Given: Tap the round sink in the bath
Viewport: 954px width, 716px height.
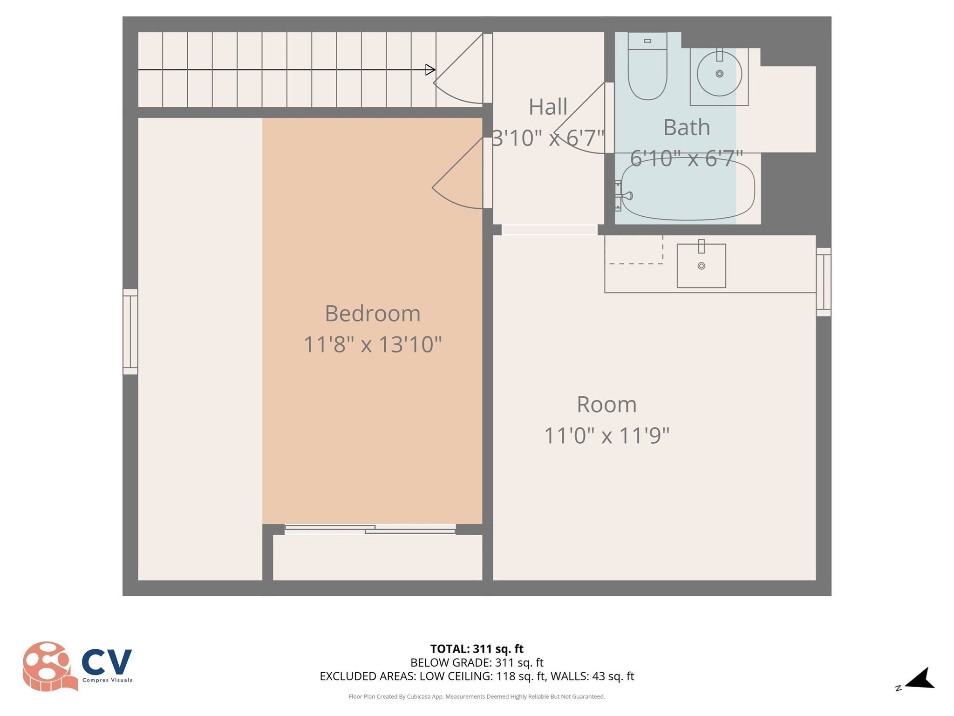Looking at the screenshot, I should (719, 74).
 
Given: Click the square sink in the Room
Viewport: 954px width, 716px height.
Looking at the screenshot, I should (701, 266).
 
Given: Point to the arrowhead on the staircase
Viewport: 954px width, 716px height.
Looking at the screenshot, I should (430, 70).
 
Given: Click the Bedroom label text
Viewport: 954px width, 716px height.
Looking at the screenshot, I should (372, 313).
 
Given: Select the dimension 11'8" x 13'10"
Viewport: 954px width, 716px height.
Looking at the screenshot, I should (372, 345).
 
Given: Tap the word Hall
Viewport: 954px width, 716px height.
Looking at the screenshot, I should (547, 107).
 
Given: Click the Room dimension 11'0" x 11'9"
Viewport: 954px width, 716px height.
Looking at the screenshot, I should (606, 436).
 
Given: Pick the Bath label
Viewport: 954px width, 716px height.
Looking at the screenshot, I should (686, 127).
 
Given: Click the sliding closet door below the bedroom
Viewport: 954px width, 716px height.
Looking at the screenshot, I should (370, 529).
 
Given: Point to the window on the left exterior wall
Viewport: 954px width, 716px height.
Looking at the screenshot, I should (130, 331).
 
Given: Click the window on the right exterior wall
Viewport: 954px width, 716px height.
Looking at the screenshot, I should (823, 282).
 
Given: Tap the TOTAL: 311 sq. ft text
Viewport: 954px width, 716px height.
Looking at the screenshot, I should (477, 649).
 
